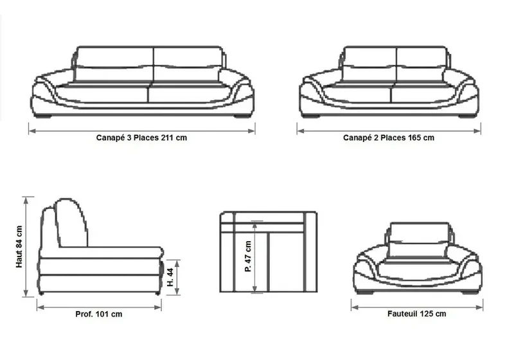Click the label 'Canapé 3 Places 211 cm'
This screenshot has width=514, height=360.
pos(141,138)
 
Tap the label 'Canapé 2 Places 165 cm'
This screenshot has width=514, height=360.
pos(389,138)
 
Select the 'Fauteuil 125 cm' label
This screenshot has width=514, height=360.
pos(416,314)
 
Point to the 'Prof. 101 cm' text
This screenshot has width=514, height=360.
pos(99,314)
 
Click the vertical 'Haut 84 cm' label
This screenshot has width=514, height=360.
pos(19,247)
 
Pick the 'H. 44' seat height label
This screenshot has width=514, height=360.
pos(170,277)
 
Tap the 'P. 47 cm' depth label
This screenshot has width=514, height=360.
pos(248,256)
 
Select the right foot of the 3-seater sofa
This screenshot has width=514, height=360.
pos(241,116)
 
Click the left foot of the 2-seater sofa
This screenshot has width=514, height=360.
pos(311,116)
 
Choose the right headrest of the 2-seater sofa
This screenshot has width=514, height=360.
pos(421,57)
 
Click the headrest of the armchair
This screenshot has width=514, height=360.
pos(420,233)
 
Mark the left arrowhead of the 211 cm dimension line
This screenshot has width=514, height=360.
pos(31,131)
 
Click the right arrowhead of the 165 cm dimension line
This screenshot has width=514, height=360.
pos(478,131)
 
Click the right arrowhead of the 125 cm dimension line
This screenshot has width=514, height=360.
pos(479,307)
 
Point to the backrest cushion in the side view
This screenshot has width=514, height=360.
pos(71,223)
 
